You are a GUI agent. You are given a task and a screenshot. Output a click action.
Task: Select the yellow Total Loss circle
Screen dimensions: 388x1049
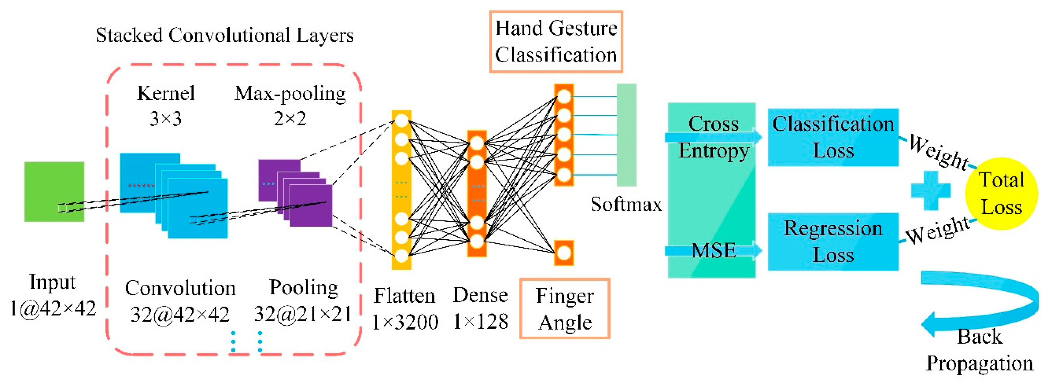1001,193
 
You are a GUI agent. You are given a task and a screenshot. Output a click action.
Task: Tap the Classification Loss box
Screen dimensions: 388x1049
833,137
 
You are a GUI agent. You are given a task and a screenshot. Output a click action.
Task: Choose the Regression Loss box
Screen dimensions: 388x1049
833,241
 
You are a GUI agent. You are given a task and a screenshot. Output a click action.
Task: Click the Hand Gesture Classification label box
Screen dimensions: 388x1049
556,42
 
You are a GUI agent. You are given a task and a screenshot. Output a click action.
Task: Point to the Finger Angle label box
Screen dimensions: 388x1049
565,308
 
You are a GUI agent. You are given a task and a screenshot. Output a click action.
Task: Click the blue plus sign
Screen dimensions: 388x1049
931,190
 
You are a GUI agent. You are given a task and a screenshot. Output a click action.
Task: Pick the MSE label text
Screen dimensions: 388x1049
714,250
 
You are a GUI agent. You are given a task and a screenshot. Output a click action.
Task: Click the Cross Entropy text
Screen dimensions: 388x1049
714,137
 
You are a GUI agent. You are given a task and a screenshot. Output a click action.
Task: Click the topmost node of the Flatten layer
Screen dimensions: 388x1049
402,120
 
